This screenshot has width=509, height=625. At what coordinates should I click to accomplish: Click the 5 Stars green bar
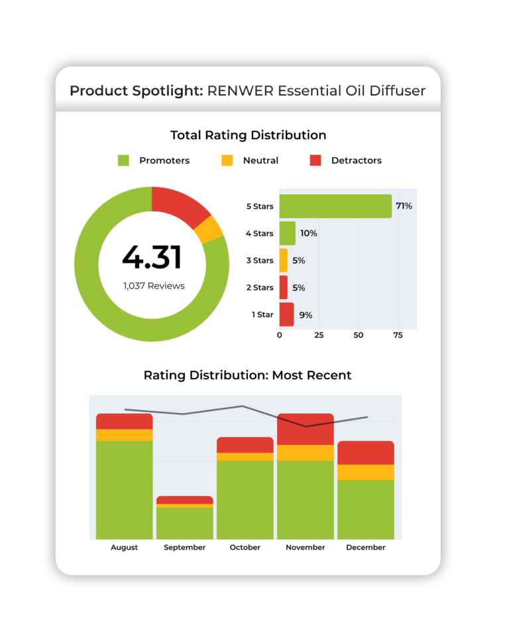point(335,206)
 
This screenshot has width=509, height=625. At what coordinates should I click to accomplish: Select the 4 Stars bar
point(287,233)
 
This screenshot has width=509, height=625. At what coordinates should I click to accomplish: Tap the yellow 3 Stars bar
point(284,260)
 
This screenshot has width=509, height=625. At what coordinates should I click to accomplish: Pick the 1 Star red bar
point(286,314)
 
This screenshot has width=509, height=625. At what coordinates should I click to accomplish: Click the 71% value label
point(404,206)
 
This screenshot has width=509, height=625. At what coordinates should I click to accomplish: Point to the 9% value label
point(306,315)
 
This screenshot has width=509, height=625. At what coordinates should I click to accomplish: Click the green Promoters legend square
point(123,160)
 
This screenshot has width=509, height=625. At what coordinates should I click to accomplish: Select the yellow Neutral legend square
point(227,160)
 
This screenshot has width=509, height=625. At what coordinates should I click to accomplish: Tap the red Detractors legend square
point(315,160)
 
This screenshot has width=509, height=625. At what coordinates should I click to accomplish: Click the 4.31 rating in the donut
point(152,257)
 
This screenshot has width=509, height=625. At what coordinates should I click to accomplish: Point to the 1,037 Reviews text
point(154,286)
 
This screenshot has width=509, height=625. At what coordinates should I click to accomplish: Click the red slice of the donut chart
point(178,205)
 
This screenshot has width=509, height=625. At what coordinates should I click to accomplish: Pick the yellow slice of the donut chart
point(210,229)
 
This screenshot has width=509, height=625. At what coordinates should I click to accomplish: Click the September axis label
point(185,548)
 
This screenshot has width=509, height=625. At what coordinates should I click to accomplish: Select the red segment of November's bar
point(305,429)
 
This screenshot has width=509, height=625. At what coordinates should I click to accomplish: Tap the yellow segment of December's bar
point(366,472)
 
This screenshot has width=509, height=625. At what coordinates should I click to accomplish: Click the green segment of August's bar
point(125,490)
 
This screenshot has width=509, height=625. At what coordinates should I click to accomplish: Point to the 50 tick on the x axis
point(359,335)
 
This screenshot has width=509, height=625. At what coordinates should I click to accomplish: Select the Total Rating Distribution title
point(248,135)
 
